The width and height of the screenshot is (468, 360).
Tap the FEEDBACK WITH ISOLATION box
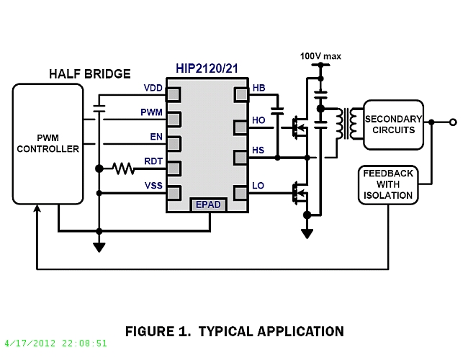[387, 185]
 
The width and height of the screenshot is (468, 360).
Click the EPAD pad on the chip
[209, 205]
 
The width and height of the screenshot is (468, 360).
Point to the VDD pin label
[153, 88]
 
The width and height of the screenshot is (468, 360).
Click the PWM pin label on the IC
[151, 113]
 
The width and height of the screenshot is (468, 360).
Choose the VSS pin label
[153, 186]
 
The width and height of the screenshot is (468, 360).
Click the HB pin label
[259, 88]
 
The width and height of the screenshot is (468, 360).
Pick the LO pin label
[259, 186]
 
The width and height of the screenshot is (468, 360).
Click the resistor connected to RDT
[123, 169]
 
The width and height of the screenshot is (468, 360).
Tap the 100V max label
[320, 55]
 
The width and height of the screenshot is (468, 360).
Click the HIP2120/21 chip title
[208, 68]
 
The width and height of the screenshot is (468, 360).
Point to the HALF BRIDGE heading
[90, 74]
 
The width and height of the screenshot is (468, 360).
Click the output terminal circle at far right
[453, 122]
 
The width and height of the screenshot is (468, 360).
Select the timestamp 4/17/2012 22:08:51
[55, 343]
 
